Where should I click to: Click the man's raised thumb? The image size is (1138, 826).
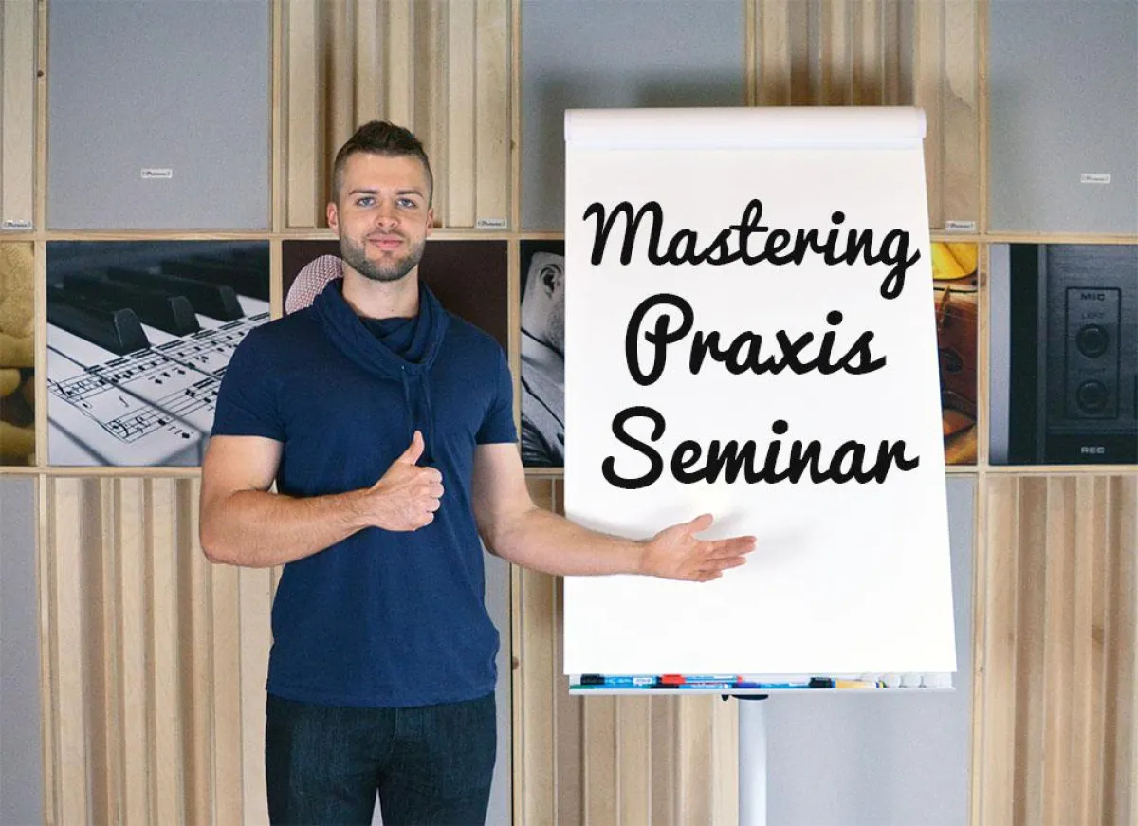pyautogui.click(x=414, y=452)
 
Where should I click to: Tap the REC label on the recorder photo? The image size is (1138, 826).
pyautogui.click(x=1093, y=450)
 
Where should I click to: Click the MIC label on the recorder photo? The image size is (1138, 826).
pyautogui.click(x=1092, y=296)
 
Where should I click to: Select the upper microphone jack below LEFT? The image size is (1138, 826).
pyautogui.click(x=1092, y=340)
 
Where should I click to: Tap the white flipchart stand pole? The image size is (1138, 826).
pyautogui.click(x=752, y=759)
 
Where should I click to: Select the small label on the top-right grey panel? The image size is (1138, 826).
pyautogui.click(x=1094, y=177)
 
